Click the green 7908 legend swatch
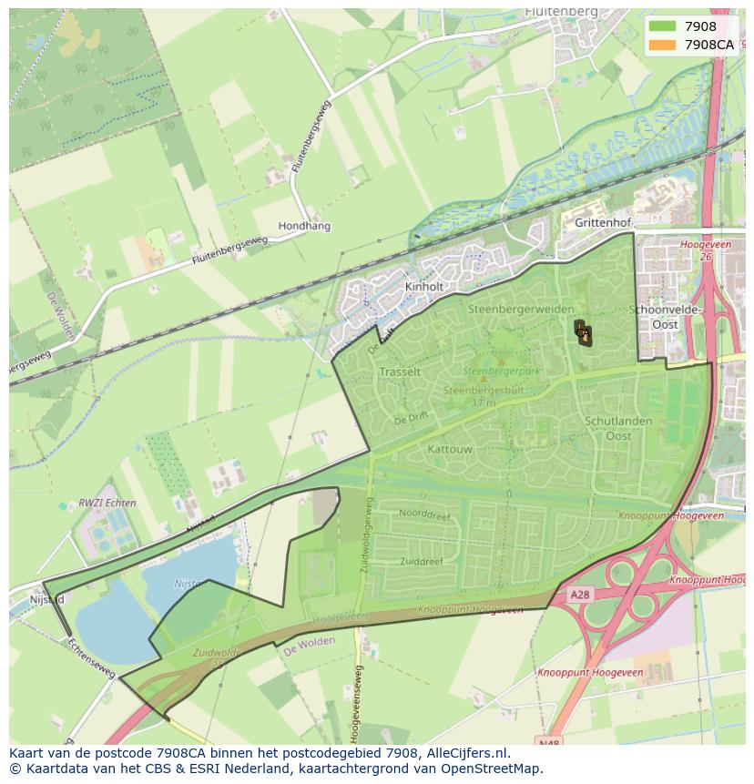click(662, 26)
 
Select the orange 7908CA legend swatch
click(662, 45)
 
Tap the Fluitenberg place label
click(562, 12)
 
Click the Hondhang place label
click(304, 226)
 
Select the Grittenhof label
click(596, 221)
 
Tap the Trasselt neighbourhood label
click(400, 372)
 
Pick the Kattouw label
click(449, 449)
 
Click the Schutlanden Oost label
click(618, 428)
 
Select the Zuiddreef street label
click(421, 562)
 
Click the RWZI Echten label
click(107, 503)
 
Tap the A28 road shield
click(580, 594)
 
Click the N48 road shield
click(550, 743)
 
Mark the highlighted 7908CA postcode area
click(583, 333)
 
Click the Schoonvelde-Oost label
click(665, 317)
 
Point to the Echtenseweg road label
click(91, 657)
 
